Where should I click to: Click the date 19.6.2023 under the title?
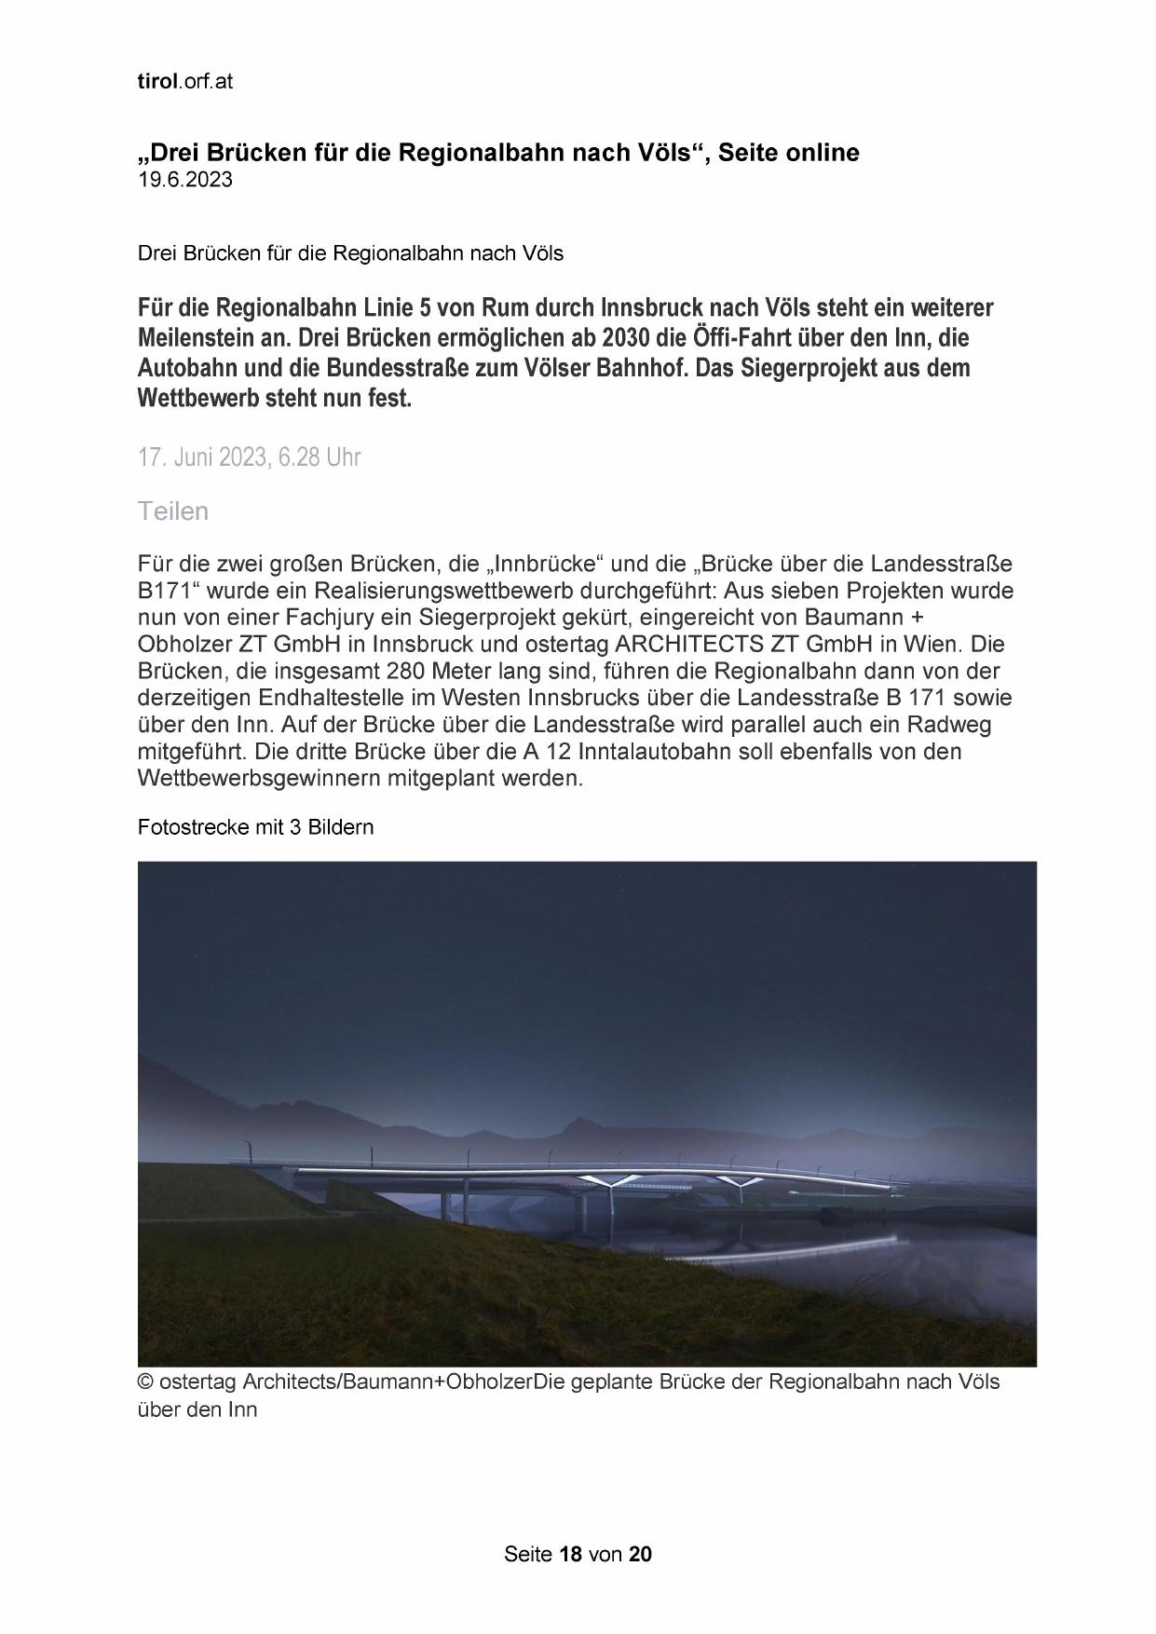point(185,180)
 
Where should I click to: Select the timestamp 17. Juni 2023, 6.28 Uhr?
point(249,457)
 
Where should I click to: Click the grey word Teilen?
point(173,511)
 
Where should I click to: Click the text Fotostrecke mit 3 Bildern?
point(255,826)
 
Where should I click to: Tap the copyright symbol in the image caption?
point(145,1382)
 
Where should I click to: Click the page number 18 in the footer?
point(570,1554)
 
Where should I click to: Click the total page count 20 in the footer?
point(641,1554)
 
